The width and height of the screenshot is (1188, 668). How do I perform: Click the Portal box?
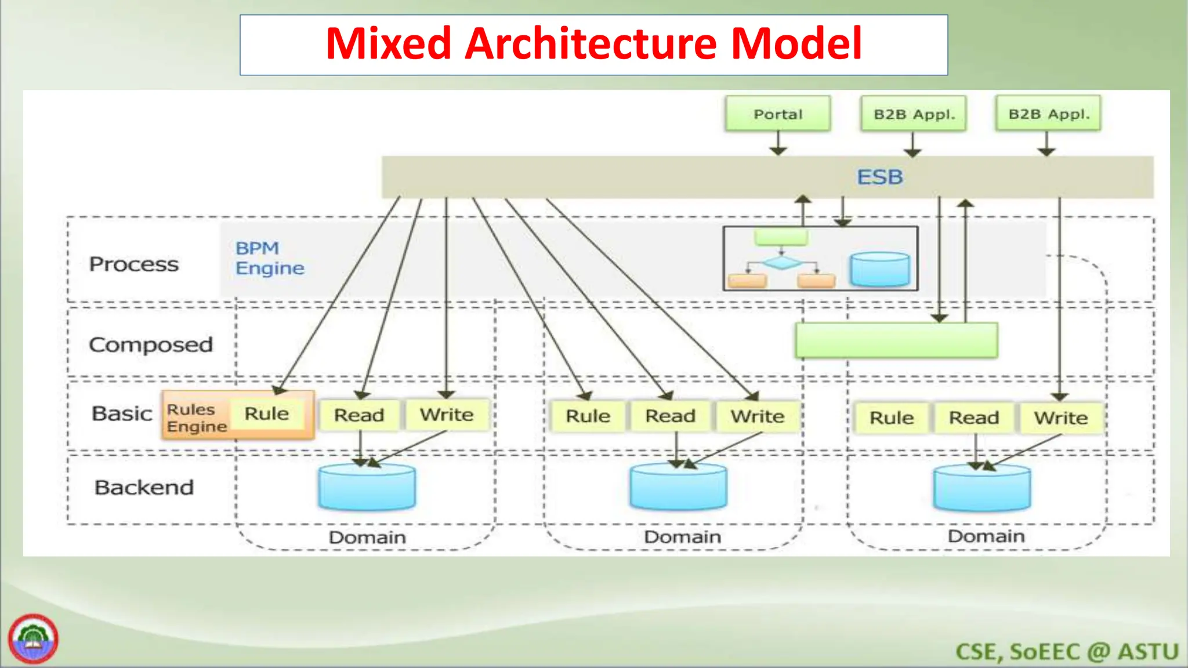tap(778, 114)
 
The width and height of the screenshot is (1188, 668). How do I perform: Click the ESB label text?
tap(880, 177)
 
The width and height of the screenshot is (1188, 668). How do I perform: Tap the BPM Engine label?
tap(270, 258)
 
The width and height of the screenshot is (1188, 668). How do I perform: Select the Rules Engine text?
tap(196, 418)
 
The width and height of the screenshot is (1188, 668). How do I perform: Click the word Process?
tap(134, 264)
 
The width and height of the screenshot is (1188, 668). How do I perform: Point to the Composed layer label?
tap(151, 344)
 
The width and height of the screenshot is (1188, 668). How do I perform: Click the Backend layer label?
tap(144, 487)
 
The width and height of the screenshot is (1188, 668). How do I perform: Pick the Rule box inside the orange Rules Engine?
tap(267, 413)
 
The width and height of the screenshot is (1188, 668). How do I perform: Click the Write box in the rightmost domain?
tap(1061, 418)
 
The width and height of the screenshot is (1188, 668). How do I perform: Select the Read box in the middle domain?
tap(670, 416)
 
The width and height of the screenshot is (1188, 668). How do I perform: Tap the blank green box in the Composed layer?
tap(896, 340)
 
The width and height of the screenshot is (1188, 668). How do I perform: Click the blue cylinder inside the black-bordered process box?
tap(880, 269)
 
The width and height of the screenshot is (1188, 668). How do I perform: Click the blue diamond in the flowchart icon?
tap(781, 263)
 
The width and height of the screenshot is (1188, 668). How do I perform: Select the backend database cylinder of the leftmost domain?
tap(367, 487)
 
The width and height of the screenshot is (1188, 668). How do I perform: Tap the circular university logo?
tap(33, 639)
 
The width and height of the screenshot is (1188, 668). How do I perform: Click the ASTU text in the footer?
tap(1148, 652)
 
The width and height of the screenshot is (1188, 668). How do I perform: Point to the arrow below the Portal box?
tap(778, 143)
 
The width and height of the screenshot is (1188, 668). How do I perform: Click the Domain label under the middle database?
tap(682, 536)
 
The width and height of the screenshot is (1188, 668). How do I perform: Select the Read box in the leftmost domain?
tap(359, 415)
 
